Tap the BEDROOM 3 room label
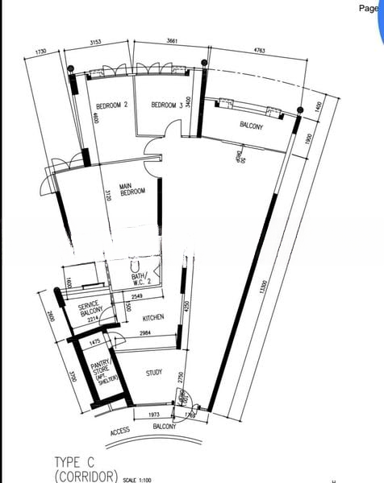[x=169, y=105]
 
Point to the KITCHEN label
[x=153, y=317]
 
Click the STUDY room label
[x=155, y=373]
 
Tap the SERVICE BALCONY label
[x=89, y=310]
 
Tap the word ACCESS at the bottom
[x=119, y=433]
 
